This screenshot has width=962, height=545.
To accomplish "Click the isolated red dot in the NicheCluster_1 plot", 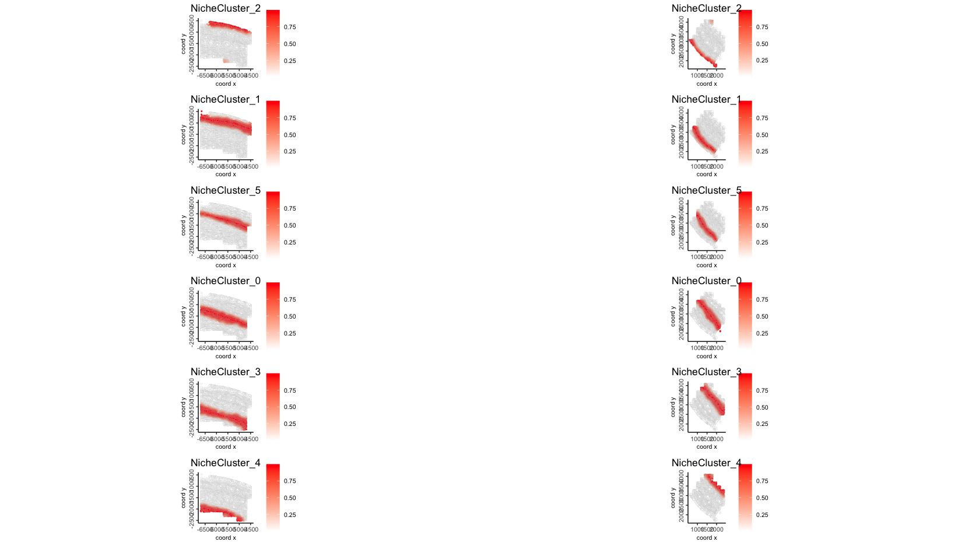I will coord(202,111).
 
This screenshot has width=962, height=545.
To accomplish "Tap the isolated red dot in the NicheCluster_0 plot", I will coord(720,331).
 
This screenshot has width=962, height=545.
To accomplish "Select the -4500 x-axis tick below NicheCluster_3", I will coord(251,439).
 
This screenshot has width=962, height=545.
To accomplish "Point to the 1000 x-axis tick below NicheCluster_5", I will coord(697,257).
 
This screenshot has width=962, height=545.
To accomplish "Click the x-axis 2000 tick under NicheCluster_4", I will coord(717,529).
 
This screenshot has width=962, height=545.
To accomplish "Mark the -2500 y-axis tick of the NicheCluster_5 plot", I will coord(192,249).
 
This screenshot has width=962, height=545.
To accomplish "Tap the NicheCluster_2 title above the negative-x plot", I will coord(226,8).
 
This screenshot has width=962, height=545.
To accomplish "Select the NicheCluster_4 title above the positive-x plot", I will coord(707,463).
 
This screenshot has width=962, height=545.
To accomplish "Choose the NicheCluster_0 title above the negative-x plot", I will coord(226,281).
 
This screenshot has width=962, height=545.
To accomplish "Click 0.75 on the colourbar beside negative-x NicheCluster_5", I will coord(290,208).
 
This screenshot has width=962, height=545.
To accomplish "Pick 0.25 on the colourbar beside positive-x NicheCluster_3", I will coord(762,424).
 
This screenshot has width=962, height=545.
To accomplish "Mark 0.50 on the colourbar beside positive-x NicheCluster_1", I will coord(762,135).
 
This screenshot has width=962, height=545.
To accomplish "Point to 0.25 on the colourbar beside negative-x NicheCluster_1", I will coord(290,151).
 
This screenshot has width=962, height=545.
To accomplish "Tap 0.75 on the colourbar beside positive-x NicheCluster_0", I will coord(762,299).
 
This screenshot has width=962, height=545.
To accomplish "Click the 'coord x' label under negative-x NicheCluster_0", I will coord(226,356).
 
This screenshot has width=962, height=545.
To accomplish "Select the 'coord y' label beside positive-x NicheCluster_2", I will coord(673,43).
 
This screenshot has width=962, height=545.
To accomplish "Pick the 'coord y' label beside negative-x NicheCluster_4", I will coord(183,498).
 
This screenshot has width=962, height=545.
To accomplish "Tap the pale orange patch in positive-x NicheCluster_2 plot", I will coord(711,22).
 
